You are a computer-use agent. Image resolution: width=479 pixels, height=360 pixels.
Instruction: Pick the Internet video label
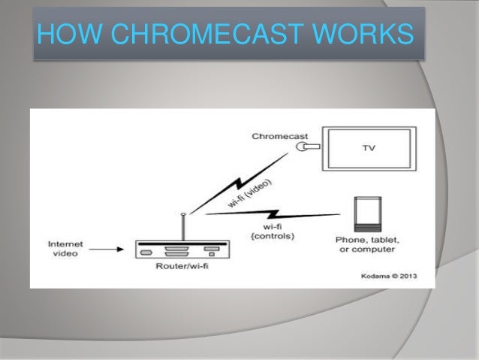click(x=66, y=249)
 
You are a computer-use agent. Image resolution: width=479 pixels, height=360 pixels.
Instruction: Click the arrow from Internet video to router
click(x=105, y=250)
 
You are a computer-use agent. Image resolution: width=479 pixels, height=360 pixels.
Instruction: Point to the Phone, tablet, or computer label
click(x=368, y=244)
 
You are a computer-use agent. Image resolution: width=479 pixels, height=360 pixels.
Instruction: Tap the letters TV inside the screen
click(x=369, y=148)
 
